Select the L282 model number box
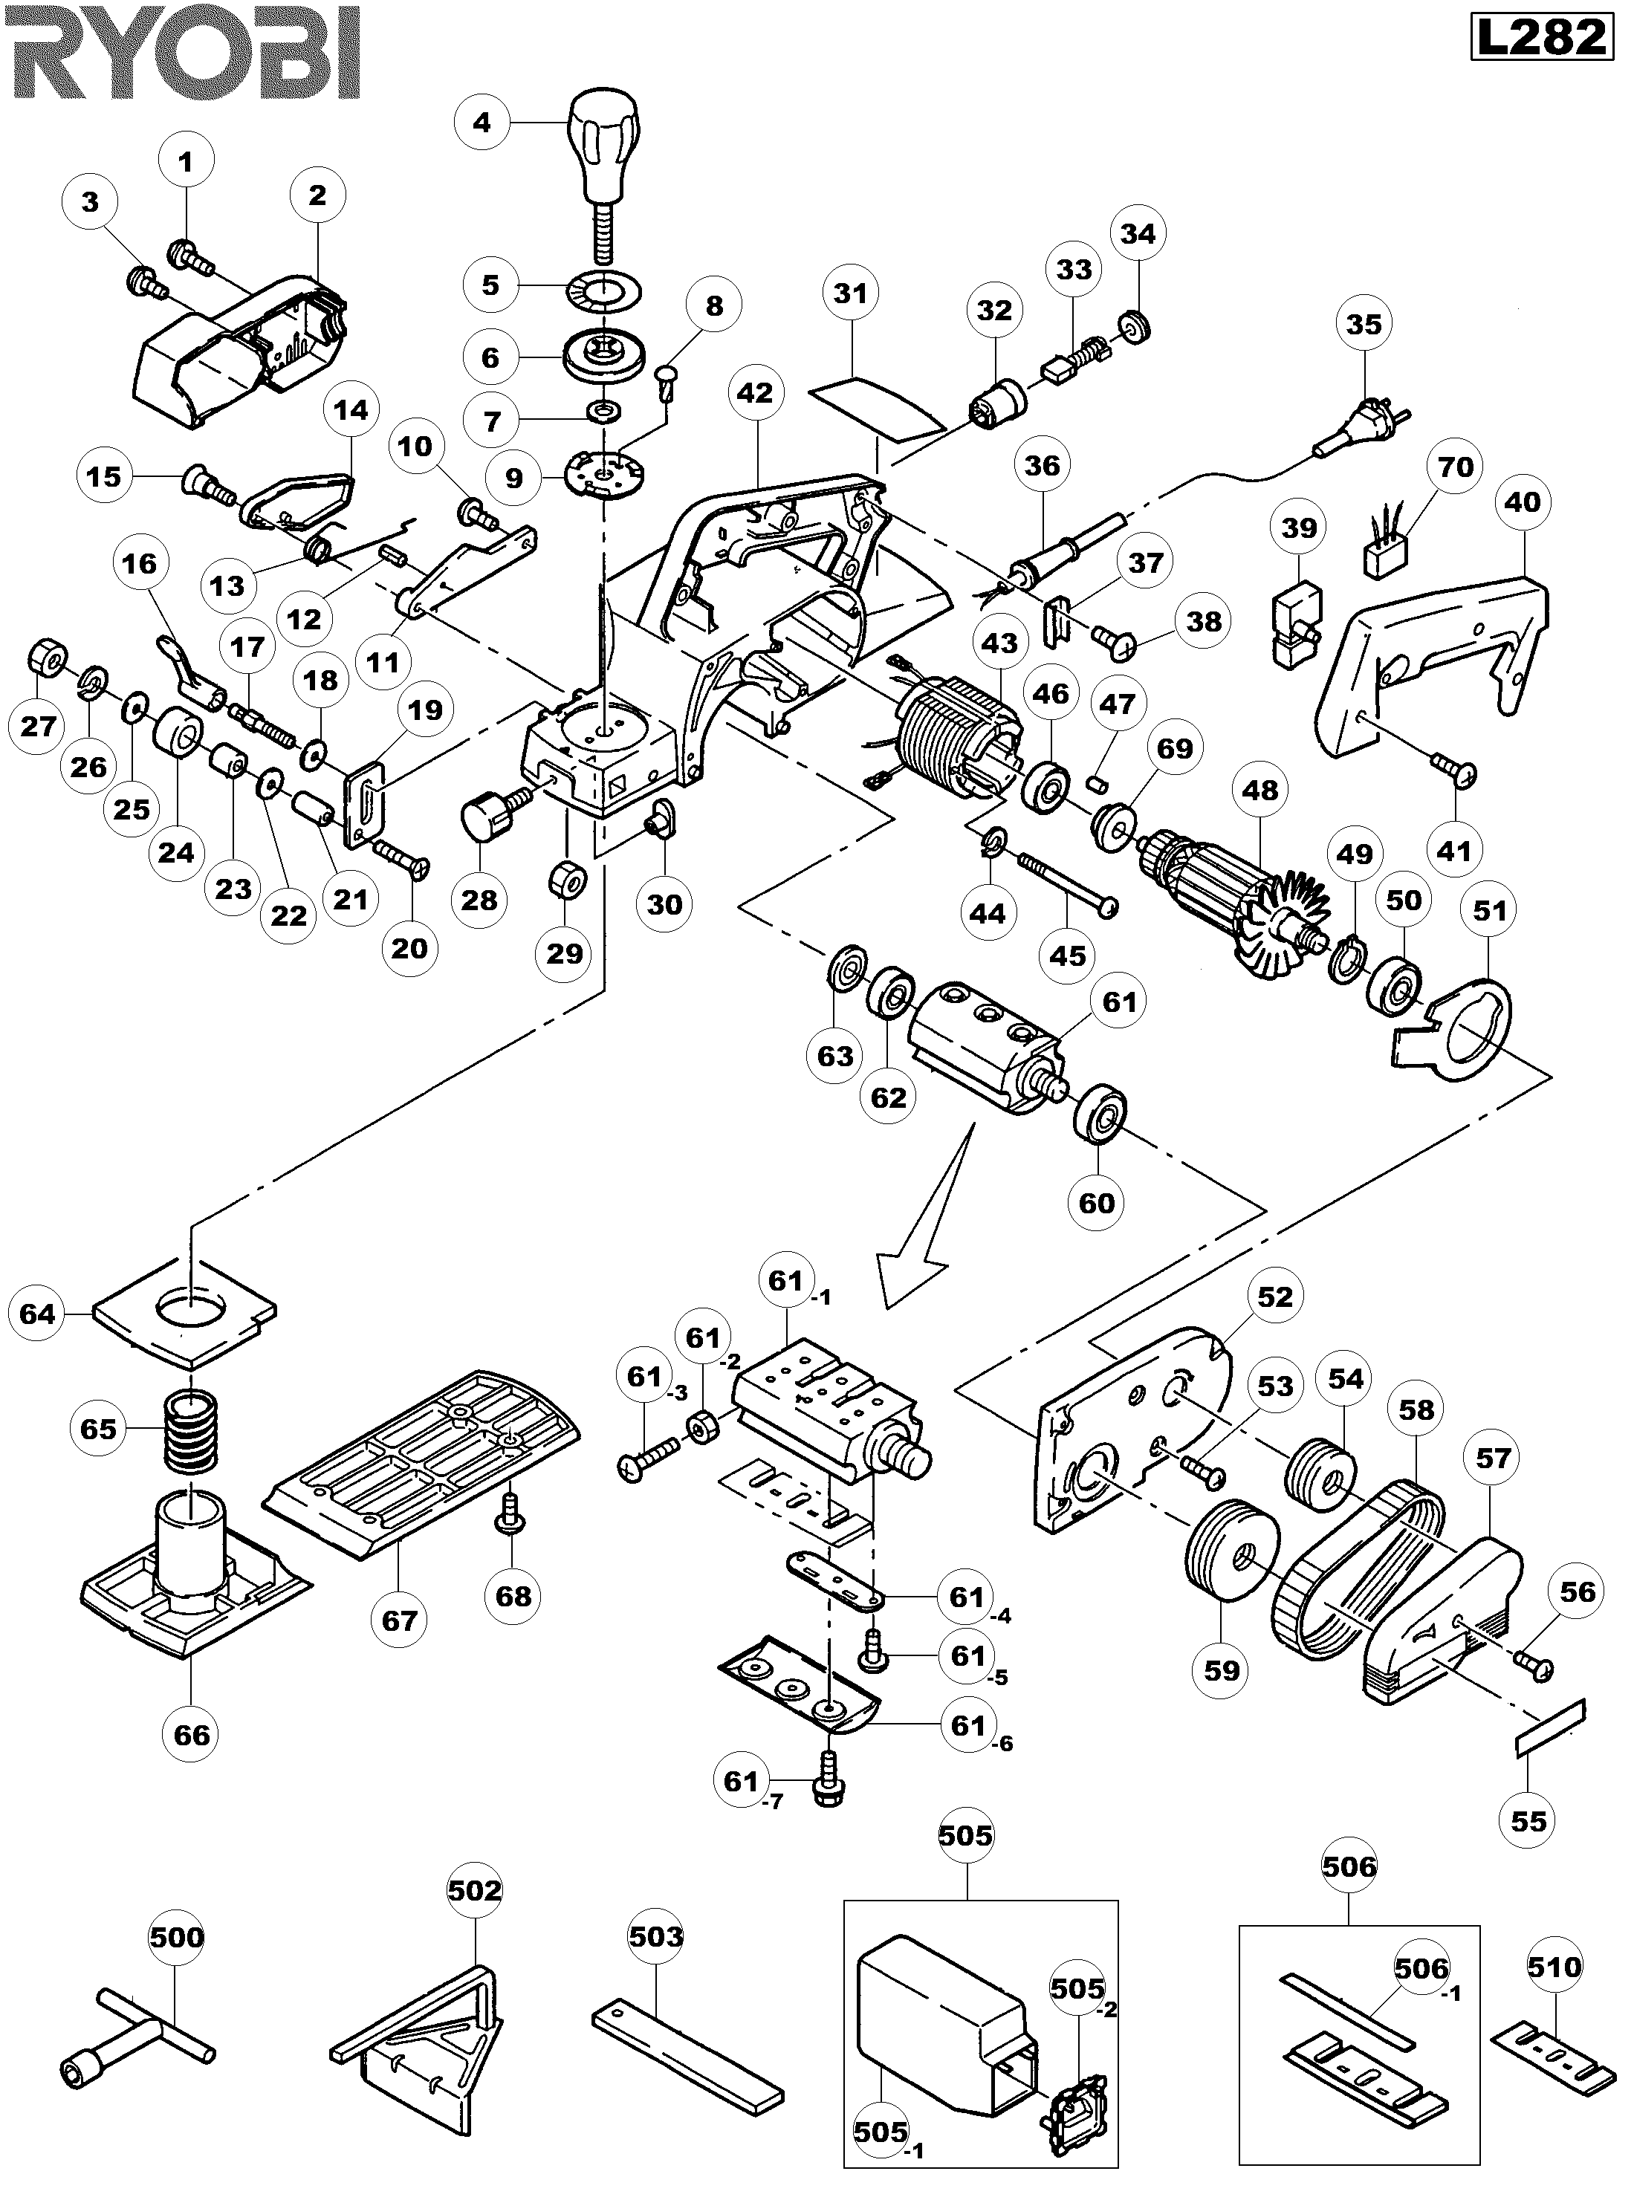pyautogui.click(x=1541, y=38)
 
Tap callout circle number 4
pyautogui.click(x=482, y=123)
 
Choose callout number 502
pyautogui.click(x=475, y=1889)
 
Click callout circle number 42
pyautogui.click(x=756, y=392)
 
